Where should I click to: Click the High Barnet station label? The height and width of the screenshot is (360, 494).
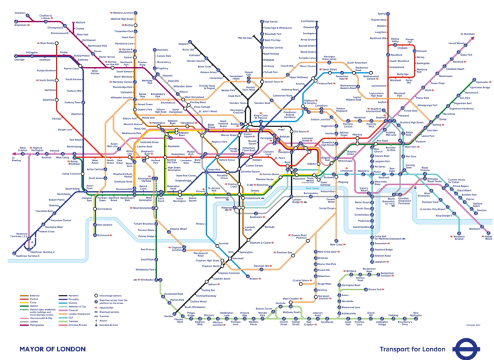(252, 22)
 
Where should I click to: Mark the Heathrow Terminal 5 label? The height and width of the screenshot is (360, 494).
(28, 255)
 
